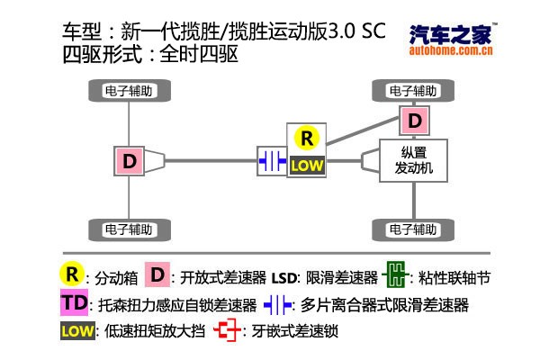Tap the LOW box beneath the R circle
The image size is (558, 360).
(307, 166)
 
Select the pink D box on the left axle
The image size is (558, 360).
(130, 162)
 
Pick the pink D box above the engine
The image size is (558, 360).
(414, 120)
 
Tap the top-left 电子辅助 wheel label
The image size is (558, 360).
(131, 91)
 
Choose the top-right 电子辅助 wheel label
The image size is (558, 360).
(414, 91)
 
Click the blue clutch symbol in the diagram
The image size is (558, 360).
(271, 161)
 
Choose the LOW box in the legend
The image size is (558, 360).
(77, 331)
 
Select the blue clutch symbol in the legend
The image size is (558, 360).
(277, 304)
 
